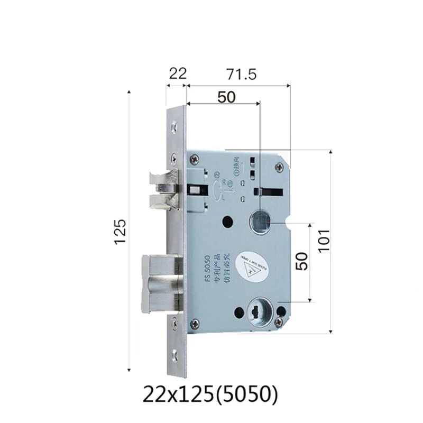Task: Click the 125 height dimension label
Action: [x=120, y=232]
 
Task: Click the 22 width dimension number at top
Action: [x=178, y=73]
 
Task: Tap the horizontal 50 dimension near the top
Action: [x=226, y=97]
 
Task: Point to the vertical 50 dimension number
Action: [x=301, y=261]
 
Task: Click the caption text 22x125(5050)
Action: [x=210, y=394]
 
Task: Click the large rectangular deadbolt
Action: [x=161, y=281]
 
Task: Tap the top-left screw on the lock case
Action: [x=196, y=157]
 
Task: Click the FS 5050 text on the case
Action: [x=208, y=268]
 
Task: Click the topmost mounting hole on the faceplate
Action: [x=175, y=126]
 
